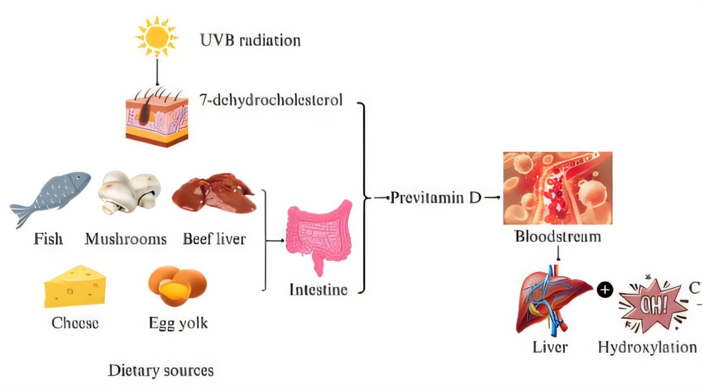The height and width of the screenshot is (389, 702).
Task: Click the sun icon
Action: [x=157, y=36]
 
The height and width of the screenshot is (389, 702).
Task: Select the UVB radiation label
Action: [x=250, y=41]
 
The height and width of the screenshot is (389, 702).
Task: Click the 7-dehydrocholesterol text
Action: [x=271, y=100]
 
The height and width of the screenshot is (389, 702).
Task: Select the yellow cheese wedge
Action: [x=75, y=286]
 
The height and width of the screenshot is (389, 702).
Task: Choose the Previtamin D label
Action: [x=435, y=198]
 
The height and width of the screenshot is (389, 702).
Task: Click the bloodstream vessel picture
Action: [x=557, y=188]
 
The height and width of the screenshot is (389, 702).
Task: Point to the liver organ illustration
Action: [x=552, y=299]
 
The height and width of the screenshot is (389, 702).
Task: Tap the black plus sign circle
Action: [x=604, y=290]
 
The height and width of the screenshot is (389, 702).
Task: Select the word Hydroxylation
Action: [x=647, y=347]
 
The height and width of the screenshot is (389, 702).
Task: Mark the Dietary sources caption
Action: [x=161, y=370]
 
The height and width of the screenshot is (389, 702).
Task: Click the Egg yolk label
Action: [x=178, y=323]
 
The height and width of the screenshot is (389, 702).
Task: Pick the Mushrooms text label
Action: [x=126, y=239]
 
